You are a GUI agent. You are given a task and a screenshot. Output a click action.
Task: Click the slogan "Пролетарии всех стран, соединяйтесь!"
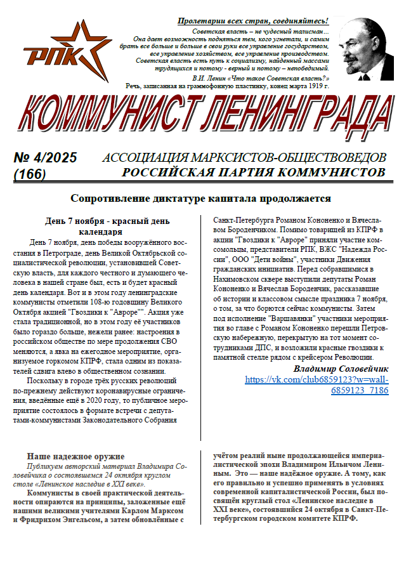point(252,22)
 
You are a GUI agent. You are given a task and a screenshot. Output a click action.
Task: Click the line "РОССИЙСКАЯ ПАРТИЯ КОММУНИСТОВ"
point(254,171)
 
